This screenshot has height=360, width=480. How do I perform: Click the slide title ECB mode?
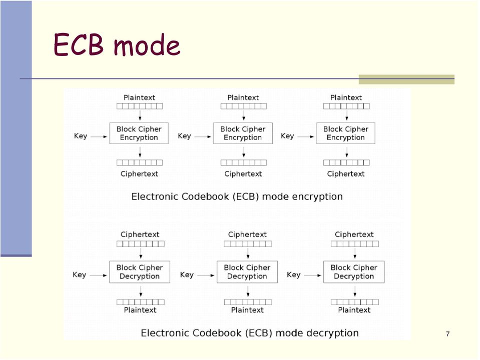(117, 45)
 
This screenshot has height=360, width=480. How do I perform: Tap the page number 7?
(448, 334)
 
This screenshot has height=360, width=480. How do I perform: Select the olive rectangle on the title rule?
(406, 79)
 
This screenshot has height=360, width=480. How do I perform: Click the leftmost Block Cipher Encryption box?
(139, 133)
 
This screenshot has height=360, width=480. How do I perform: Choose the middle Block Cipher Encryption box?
(243, 133)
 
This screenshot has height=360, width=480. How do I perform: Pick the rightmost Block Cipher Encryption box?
(346, 133)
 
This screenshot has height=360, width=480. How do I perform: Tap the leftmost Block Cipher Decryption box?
(140, 272)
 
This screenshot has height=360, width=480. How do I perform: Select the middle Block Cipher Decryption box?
(247, 272)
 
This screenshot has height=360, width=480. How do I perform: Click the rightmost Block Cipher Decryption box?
(354, 272)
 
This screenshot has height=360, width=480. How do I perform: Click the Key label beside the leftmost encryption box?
(81, 136)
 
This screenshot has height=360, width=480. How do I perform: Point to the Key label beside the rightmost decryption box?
(294, 274)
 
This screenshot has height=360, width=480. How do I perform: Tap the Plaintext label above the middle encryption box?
(243, 97)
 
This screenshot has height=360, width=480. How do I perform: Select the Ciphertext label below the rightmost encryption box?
(346, 173)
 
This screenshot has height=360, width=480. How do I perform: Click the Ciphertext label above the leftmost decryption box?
(140, 234)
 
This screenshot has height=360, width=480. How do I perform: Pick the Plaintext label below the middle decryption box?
(247, 310)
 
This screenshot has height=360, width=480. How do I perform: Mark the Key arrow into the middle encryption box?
(203, 136)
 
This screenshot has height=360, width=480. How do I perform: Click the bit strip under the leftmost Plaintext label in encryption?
(140, 106)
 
